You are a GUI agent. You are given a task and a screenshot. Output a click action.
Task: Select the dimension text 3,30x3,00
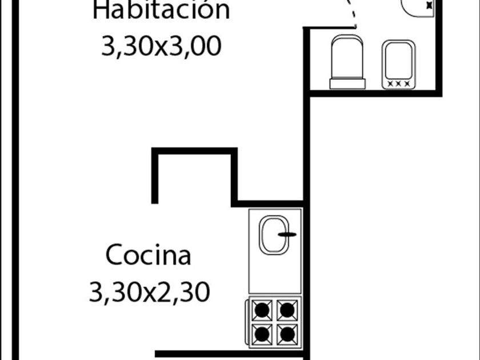[x=161, y=47]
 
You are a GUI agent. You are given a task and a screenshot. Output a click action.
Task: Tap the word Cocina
[x=149, y=255]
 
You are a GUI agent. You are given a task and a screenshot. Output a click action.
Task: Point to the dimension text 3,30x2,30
[x=150, y=293]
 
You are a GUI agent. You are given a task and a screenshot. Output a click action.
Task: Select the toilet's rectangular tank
[x=347, y=84]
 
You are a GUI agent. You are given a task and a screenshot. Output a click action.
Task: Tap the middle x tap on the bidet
[x=399, y=83]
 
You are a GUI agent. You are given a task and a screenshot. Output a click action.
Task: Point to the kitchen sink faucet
[x=288, y=234]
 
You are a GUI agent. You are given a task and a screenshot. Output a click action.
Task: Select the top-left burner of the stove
[x=262, y=311]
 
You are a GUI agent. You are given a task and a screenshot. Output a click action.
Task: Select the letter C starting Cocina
[x=114, y=255]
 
